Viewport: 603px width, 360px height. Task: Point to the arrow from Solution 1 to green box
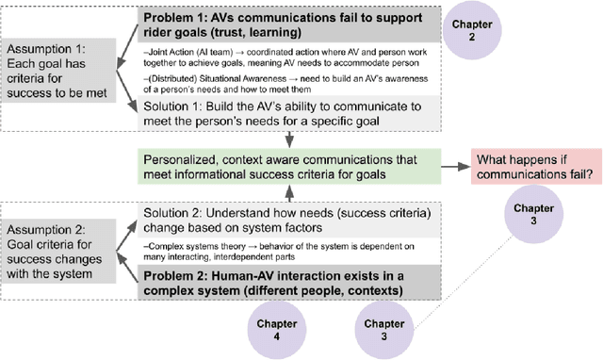click(291, 139)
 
